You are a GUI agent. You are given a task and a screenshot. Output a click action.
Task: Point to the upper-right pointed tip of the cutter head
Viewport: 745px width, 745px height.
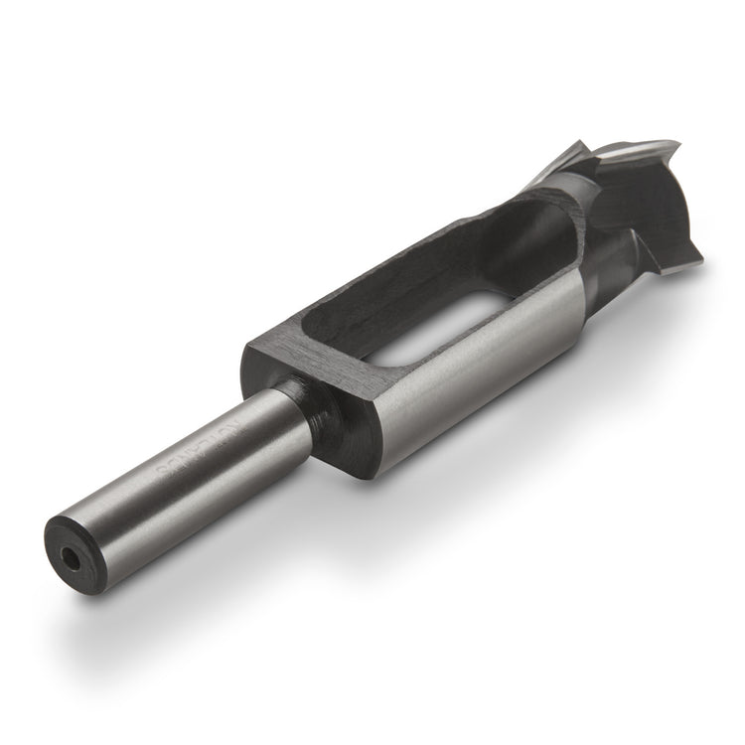676,148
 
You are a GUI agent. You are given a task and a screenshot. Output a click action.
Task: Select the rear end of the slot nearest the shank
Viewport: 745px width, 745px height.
328,338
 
